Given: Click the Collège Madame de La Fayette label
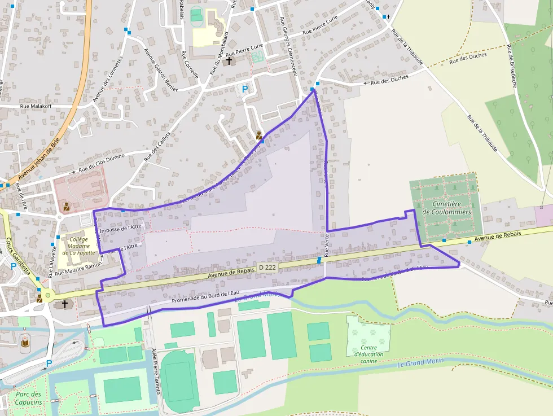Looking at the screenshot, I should pyautogui.click(x=78, y=246).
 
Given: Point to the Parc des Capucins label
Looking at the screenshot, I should pyautogui.click(x=28, y=398).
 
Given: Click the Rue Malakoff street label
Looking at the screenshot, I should pyautogui.click(x=36, y=106).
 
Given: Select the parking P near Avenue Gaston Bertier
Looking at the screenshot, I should pyautogui.click(x=245, y=89).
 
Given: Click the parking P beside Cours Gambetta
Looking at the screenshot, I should pyautogui.click(x=13, y=266).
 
